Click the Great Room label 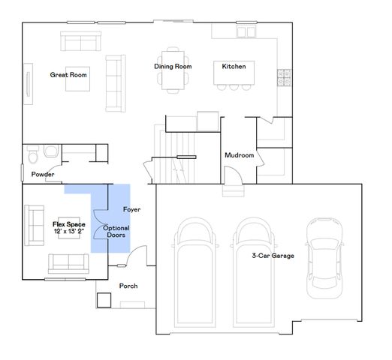(69, 75)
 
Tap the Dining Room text (173, 67)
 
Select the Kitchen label (234, 67)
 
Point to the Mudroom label (240, 155)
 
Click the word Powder (42, 175)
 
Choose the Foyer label (131, 209)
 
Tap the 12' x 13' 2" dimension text (68, 232)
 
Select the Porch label (128, 286)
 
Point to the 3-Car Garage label (273, 256)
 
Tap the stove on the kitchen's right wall (285, 76)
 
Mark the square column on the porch (104, 299)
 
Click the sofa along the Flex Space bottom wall (68, 262)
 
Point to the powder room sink (50, 151)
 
